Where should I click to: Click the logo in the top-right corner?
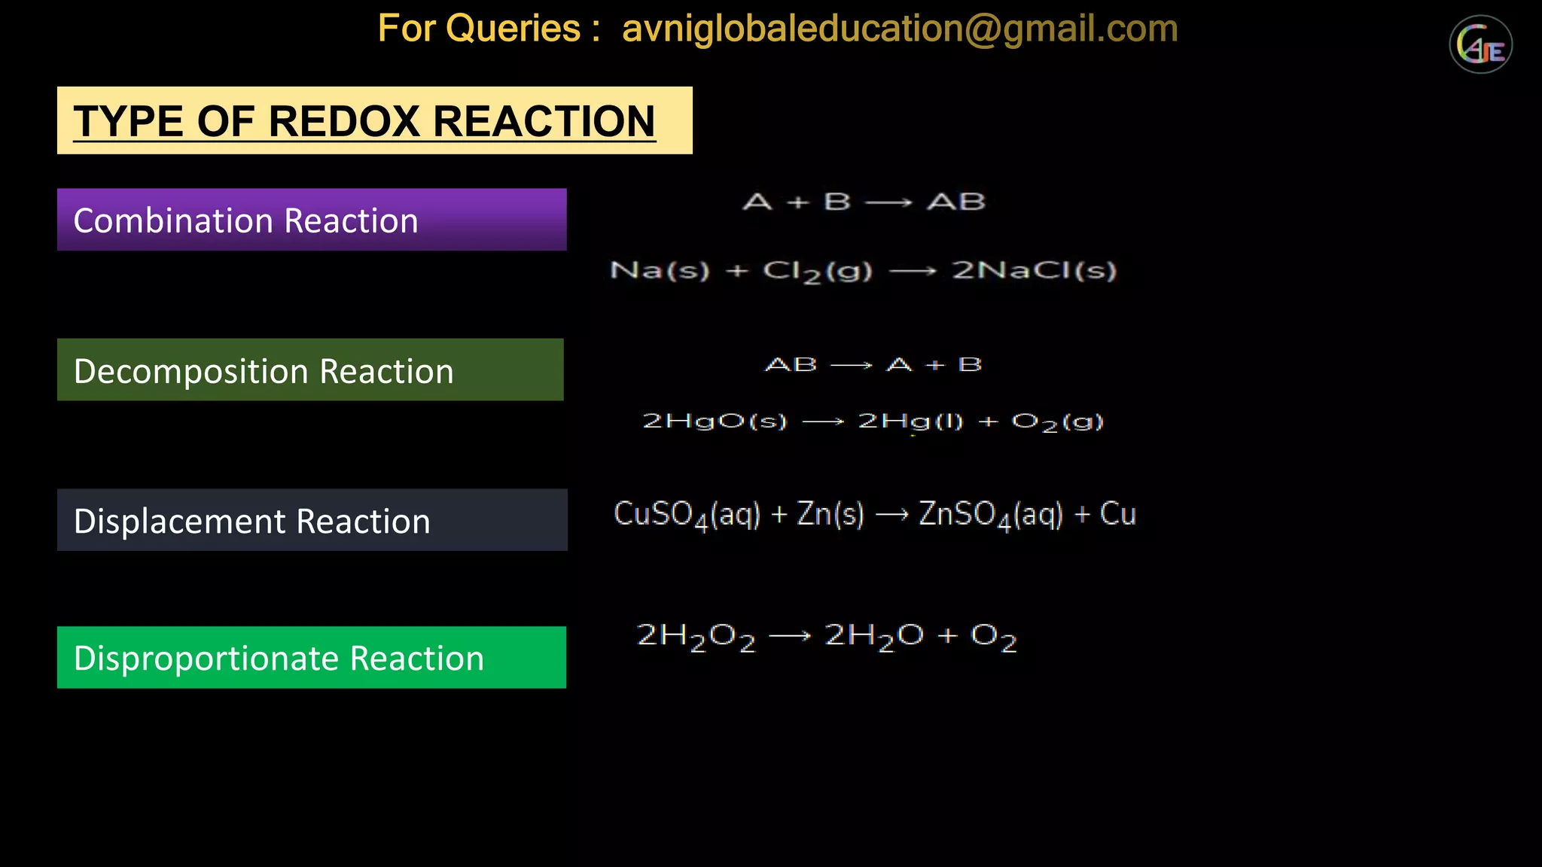coord(1480,45)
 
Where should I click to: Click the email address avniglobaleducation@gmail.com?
coord(899,29)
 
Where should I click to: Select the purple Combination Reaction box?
coord(312,220)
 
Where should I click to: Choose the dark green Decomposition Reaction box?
coord(310,370)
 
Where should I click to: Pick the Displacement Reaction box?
coord(312,520)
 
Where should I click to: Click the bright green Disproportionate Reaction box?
coord(312,657)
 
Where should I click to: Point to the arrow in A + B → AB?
coord(888,202)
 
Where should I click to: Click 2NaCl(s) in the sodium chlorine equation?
coord(1034,270)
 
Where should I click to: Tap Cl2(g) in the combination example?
coord(817,271)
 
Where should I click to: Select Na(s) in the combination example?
coord(660,270)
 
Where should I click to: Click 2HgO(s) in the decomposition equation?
coord(714,421)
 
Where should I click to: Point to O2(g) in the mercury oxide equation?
coord(1057,421)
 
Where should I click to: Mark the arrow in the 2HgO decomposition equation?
coord(823,422)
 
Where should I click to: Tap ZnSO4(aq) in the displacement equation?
coord(991,515)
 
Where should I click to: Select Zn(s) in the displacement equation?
coord(830,514)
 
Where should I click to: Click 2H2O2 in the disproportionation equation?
coord(696,637)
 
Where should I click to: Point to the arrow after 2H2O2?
coord(790,637)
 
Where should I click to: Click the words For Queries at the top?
coord(479,29)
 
